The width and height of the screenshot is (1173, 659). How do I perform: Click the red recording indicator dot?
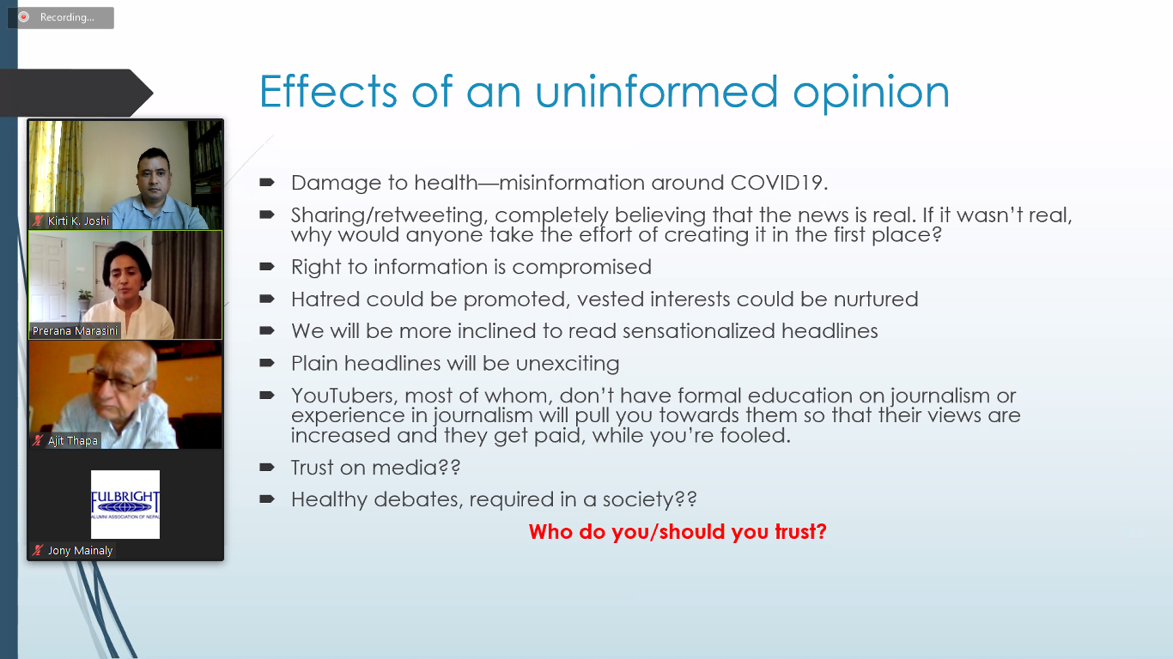tap(23, 17)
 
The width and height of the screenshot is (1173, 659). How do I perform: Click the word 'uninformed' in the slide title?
tap(657, 92)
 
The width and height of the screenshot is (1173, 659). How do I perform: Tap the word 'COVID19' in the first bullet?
tap(779, 183)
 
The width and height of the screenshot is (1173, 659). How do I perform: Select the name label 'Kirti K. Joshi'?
tap(78, 221)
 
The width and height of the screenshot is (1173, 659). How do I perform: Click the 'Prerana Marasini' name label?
tap(75, 331)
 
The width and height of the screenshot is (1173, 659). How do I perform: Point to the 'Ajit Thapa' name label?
tap(73, 441)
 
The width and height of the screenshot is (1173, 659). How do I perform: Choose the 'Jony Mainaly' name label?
tap(80, 551)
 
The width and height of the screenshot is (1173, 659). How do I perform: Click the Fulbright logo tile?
tap(125, 504)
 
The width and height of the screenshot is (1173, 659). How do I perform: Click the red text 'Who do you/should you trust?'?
tap(678, 532)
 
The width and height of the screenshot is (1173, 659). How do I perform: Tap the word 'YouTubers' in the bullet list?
tap(344, 396)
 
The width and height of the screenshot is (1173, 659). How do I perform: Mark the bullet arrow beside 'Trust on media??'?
tap(267, 467)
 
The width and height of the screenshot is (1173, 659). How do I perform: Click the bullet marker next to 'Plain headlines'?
tap(267, 362)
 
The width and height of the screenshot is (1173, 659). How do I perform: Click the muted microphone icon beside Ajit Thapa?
tap(38, 441)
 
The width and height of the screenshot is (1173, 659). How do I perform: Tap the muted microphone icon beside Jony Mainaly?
tap(38, 551)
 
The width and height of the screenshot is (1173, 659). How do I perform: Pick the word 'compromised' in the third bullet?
tap(582, 268)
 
